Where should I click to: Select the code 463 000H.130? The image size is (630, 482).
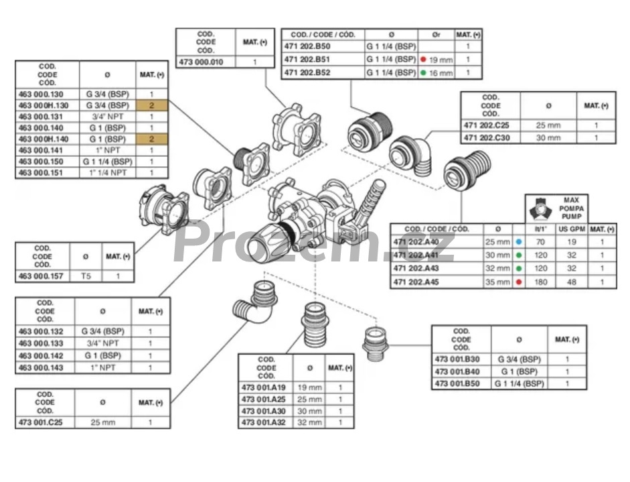[44, 106]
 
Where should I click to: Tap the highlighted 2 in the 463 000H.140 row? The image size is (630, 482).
[152, 139]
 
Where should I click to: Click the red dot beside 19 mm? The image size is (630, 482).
[424, 59]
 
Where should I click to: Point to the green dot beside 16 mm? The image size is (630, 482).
[424, 72]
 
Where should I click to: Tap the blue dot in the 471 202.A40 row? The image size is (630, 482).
[520, 241]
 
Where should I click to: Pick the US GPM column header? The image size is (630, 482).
[571, 229]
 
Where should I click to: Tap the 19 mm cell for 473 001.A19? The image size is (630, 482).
[309, 387]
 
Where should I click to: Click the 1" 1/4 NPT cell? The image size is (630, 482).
[107, 172]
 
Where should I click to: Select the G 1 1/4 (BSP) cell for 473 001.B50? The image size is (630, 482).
[520, 383]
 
